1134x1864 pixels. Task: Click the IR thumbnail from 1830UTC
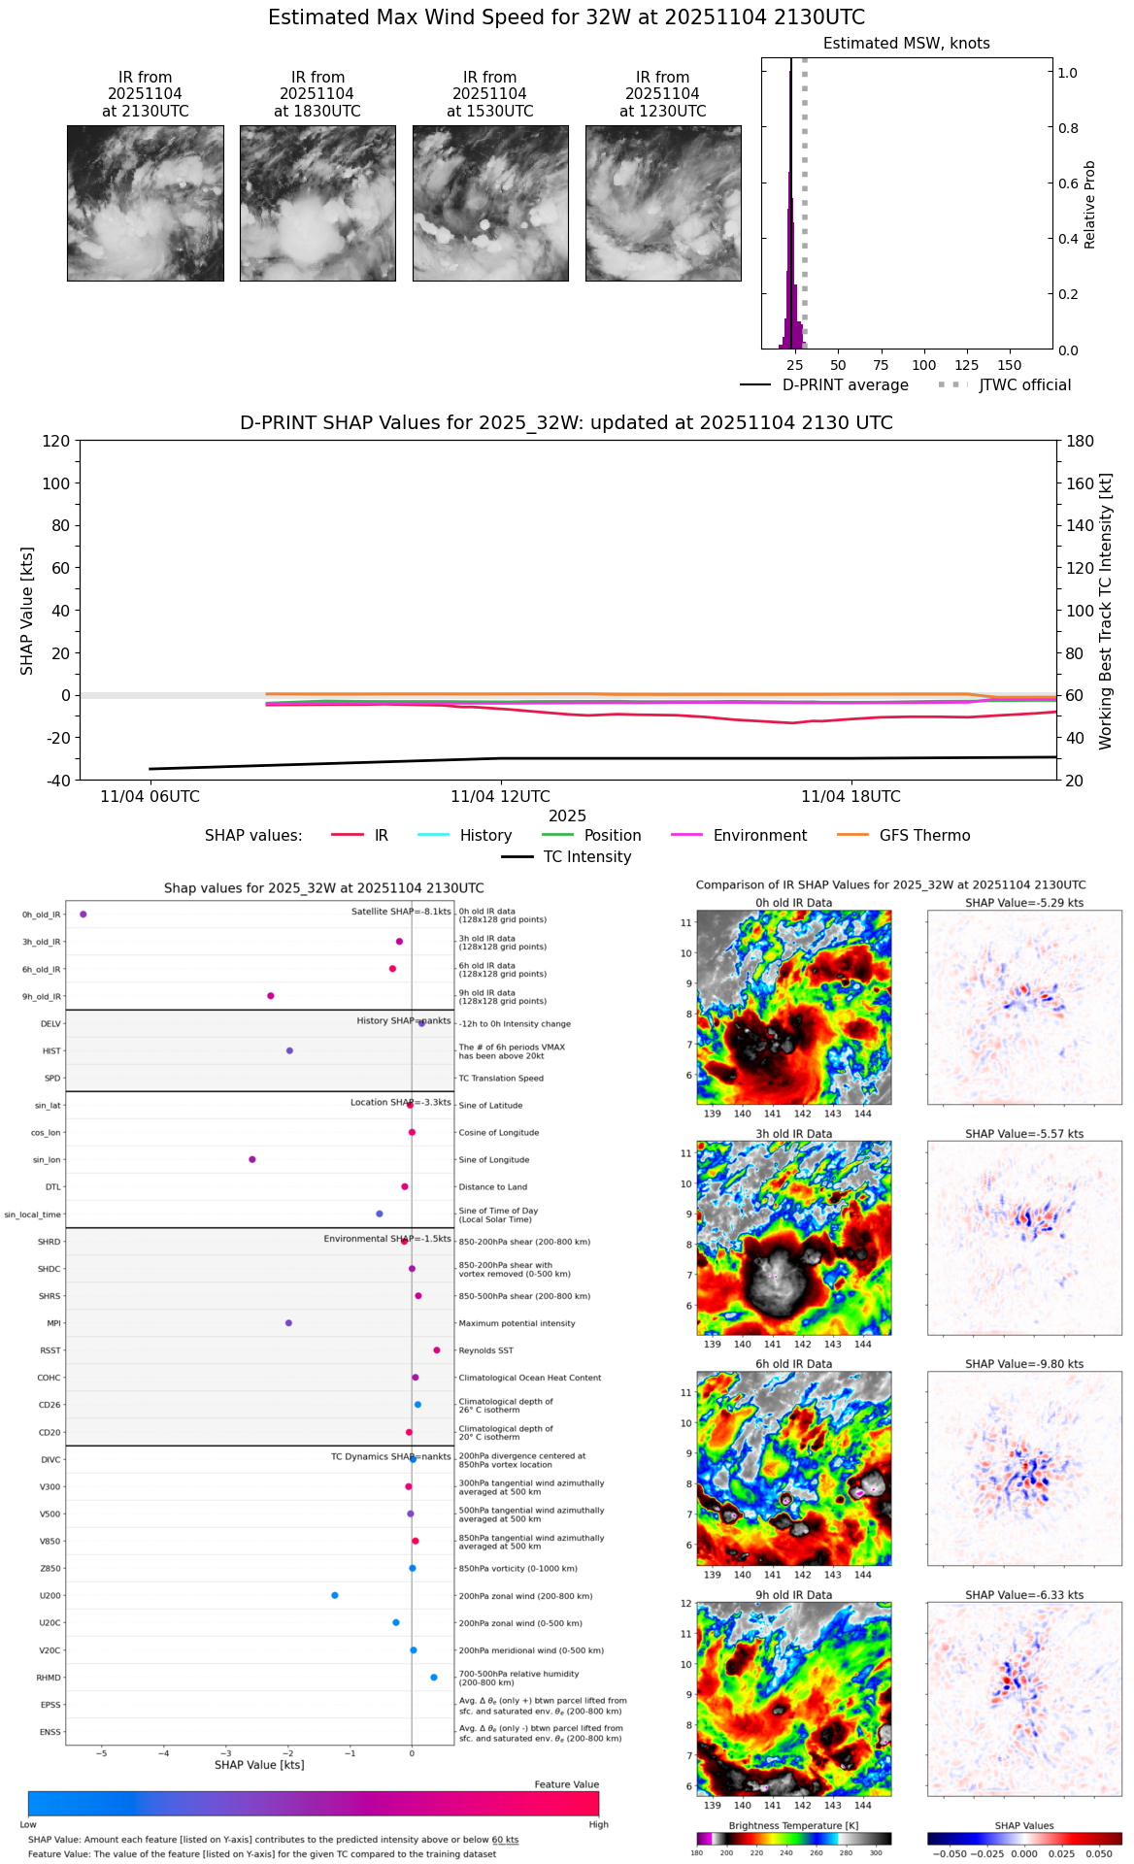coord(317,203)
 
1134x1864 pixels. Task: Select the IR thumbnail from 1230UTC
coord(663,203)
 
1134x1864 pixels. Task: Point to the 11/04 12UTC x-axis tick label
coord(500,797)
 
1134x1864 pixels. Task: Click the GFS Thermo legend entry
coord(924,836)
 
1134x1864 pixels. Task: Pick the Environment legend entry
coord(759,836)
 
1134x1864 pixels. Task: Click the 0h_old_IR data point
coord(83,915)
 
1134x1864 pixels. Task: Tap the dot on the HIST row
coord(289,1050)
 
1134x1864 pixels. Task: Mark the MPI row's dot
coord(288,1323)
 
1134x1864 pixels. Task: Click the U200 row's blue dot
coord(335,1595)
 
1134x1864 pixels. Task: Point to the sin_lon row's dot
coord(252,1159)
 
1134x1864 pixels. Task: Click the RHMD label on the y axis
coord(49,1678)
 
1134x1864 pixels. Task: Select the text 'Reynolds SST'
coord(486,1350)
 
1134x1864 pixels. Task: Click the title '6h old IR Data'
coord(793,1364)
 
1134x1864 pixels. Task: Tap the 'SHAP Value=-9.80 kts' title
coord(1024,1364)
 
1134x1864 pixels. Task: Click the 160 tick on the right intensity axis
coord(1081,483)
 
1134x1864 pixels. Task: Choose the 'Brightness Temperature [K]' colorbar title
coord(793,1826)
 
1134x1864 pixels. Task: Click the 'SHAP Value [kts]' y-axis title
coord(27,611)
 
